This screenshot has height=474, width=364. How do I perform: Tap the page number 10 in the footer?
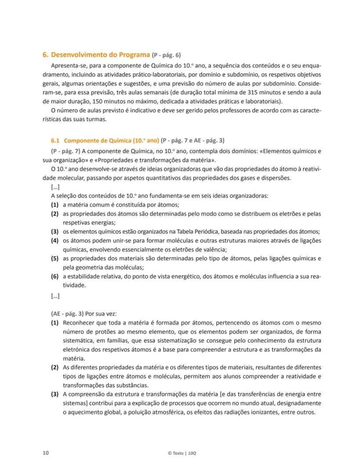click(46, 453)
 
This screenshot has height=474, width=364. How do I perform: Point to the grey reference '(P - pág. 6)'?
click(166, 55)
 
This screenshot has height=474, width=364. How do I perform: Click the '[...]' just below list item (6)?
click(55, 296)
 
